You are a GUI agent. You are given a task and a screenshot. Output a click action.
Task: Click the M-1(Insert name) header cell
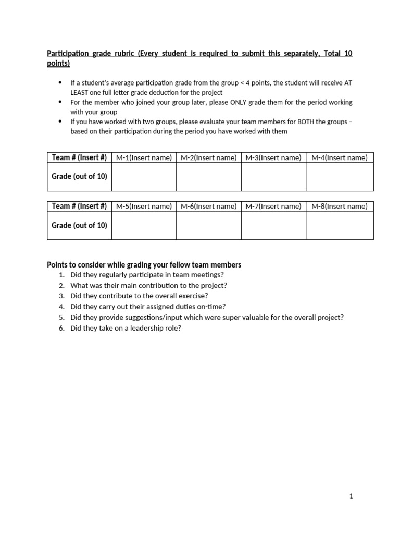click(x=144, y=157)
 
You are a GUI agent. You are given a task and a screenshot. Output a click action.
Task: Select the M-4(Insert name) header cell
click(x=339, y=157)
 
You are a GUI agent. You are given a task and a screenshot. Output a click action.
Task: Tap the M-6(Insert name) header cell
click(x=208, y=206)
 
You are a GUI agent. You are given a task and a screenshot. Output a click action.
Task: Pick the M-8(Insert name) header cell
click(x=339, y=206)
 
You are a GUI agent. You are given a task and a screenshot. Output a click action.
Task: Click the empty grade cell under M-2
click(x=208, y=177)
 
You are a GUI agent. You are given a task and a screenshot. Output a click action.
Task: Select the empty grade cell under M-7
click(x=273, y=226)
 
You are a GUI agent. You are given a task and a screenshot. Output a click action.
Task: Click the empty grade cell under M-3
click(x=273, y=177)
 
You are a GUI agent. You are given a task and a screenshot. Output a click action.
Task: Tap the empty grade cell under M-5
click(x=144, y=226)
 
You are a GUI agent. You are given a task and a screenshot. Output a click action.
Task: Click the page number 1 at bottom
click(x=351, y=496)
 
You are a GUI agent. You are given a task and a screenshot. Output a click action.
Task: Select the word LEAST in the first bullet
click(x=81, y=92)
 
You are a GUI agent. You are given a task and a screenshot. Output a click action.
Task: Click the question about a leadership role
click(x=126, y=328)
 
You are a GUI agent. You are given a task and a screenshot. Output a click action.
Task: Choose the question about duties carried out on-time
click(x=148, y=307)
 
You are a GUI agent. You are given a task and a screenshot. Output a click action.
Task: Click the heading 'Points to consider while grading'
click(x=144, y=265)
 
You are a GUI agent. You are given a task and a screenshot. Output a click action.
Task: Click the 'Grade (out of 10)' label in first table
click(x=79, y=177)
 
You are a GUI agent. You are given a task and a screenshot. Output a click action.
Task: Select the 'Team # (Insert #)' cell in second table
click(x=79, y=206)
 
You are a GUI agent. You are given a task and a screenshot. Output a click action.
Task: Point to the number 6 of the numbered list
click(x=61, y=328)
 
